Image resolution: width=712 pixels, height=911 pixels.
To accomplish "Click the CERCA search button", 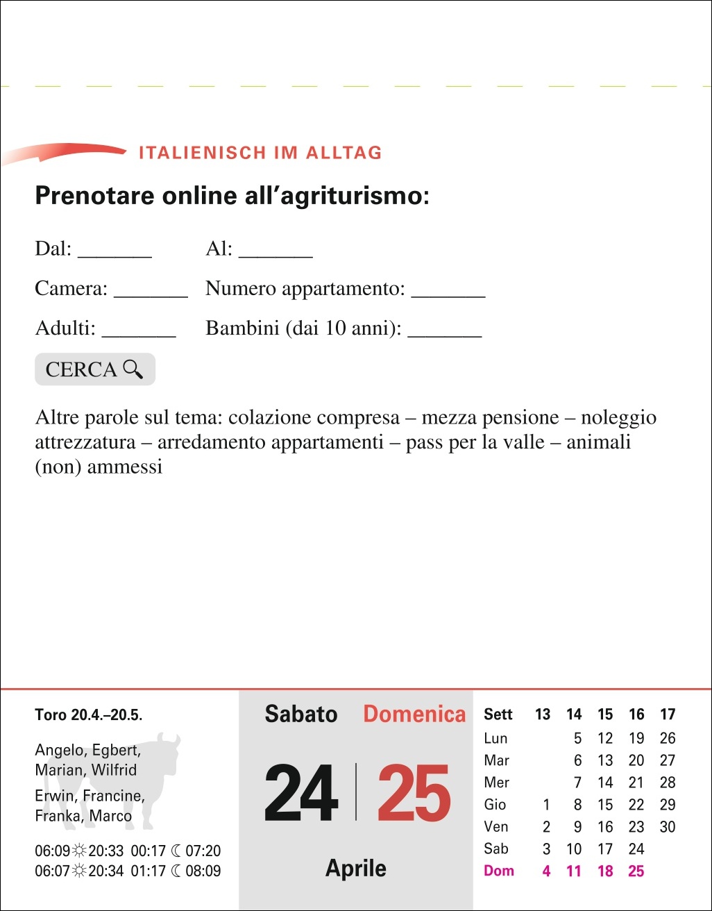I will pyautogui.click(x=95, y=369).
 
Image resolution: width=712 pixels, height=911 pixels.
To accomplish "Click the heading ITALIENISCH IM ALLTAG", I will pyautogui.click(x=260, y=153).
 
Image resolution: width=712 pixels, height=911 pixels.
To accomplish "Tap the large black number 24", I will pyautogui.click(x=301, y=793).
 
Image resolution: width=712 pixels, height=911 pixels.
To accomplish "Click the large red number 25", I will pyautogui.click(x=414, y=793).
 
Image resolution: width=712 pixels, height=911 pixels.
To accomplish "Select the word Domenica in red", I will pyautogui.click(x=414, y=714).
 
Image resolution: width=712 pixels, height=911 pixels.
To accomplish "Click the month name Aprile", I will pyautogui.click(x=356, y=868).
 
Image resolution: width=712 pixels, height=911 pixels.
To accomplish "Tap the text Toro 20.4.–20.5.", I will pyautogui.click(x=88, y=714).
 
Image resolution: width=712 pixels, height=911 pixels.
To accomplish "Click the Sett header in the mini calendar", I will pyautogui.click(x=498, y=714).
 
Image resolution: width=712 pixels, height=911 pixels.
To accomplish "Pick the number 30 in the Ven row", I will pyautogui.click(x=668, y=826).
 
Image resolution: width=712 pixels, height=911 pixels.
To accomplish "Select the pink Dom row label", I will pyautogui.click(x=498, y=871).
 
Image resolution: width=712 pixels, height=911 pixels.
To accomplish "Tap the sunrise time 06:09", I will pyautogui.click(x=53, y=851).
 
